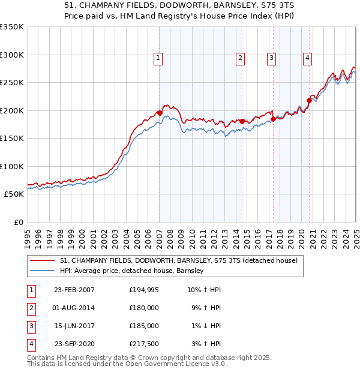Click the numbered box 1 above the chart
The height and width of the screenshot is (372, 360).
(x=158, y=58)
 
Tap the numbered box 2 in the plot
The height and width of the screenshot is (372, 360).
(x=240, y=58)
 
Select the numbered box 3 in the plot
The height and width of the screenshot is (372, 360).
(x=271, y=58)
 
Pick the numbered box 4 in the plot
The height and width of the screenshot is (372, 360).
(x=307, y=58)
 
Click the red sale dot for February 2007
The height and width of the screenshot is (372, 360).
(x=160, y=113)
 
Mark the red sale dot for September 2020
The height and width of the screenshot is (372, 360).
(x=310, y=100)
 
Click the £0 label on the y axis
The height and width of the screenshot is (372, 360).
(x=19, y=222)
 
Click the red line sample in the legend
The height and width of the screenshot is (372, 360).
(x=42, y=260)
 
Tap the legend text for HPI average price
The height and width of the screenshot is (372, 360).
(x=133, y=271)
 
